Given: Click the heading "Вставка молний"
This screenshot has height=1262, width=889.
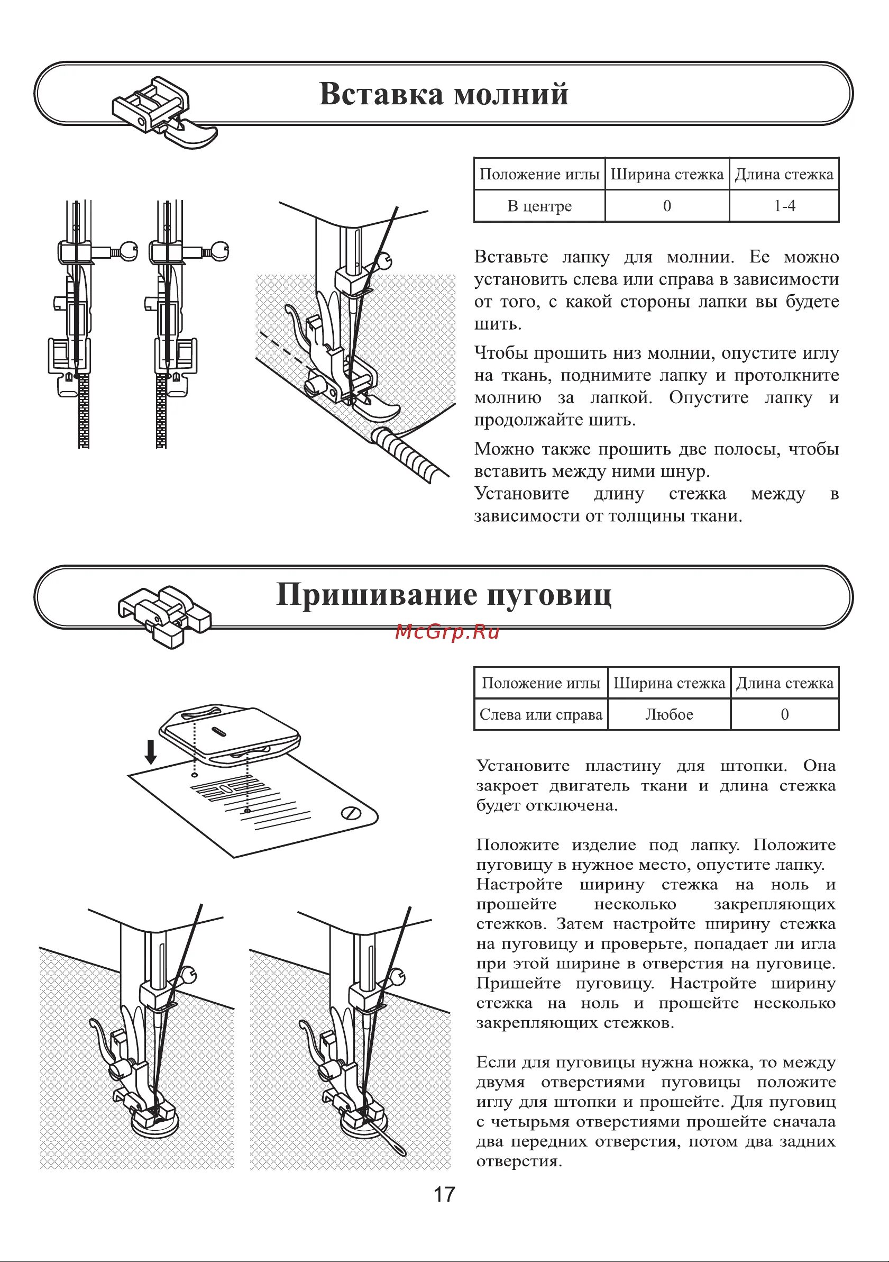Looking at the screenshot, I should click(443, 94).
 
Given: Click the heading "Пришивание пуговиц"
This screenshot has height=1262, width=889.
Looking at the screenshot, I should click(443, 595).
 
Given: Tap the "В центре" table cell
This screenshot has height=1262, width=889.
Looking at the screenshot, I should click(539, 206).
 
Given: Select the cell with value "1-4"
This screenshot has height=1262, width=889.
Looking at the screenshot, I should click(784, 206).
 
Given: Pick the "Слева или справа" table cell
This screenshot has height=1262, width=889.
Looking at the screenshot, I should click(540, 714).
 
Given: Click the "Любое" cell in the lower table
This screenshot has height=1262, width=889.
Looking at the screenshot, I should click(668, 714).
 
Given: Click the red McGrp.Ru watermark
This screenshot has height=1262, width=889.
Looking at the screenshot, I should click(447, 632).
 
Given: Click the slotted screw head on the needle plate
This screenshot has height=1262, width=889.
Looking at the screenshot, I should click(350, 813).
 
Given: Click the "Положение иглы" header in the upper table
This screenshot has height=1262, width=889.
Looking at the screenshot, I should click(539, 174).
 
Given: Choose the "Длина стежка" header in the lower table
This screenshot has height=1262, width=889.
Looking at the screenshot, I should click(784, 683).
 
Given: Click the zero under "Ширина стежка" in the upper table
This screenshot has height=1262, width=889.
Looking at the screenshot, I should click(667, 206).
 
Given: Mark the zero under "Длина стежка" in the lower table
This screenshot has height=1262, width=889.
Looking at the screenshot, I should click(784, 714).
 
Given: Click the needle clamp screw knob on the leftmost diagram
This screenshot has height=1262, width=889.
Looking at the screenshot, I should click(130, 251).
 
